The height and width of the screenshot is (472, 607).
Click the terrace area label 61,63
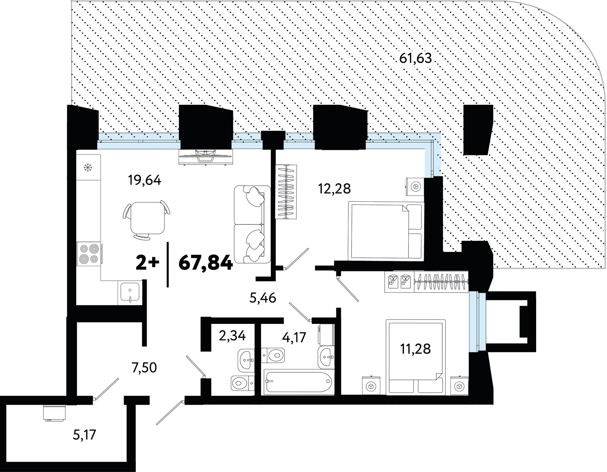pos(416,58)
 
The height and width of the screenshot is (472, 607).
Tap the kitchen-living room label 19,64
pos(144,180)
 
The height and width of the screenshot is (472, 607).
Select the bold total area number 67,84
pos(206,263)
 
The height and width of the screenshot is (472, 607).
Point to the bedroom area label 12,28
pos(334,189)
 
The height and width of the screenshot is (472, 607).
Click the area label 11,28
pos(415,349)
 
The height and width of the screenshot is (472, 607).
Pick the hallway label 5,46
pos(263,298)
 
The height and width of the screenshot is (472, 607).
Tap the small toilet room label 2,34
pos(232,336)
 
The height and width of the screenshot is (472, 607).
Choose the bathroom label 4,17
pos(294,337)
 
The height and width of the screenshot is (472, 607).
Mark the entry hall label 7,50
pos(144,368)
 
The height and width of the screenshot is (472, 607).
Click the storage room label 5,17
pos(84,435)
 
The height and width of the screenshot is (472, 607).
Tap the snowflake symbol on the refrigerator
pos(87,167)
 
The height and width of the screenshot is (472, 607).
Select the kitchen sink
pos(130,293)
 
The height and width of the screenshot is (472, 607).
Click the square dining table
pos(148,218)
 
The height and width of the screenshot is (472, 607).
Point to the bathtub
pos(298,382)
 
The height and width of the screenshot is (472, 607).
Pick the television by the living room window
pos(206,157)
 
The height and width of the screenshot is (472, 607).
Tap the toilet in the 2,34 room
pos(243,383)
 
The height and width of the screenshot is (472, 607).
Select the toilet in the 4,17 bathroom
pos(273,355)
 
